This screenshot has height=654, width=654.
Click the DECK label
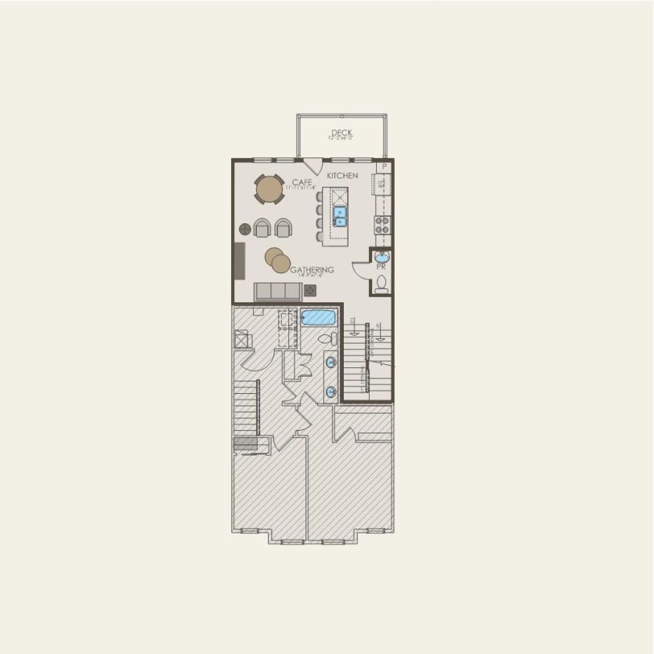point(341,133)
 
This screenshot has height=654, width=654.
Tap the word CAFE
point(302,182)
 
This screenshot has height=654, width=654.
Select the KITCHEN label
point(342,175)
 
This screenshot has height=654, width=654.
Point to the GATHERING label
point(313,269)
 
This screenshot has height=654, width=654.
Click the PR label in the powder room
point(381,266)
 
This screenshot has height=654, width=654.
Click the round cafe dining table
point(269,189)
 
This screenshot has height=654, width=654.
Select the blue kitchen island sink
point(339,215)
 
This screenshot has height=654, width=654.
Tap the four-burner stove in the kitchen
point(382,225)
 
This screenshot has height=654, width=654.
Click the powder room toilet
point(381,285)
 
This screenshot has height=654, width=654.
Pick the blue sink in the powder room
point(381,256)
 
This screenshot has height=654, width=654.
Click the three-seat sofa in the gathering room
point(278,291)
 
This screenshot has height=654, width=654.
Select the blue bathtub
point(318,318)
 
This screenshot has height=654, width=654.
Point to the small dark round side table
point(245,229)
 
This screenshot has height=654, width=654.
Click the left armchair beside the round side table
point(262,228)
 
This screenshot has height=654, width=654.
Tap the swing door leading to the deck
point(313,166)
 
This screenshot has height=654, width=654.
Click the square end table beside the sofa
point(310,291)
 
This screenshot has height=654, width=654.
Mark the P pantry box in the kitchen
point(384,168)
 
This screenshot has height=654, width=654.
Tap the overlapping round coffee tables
point(277,259)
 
